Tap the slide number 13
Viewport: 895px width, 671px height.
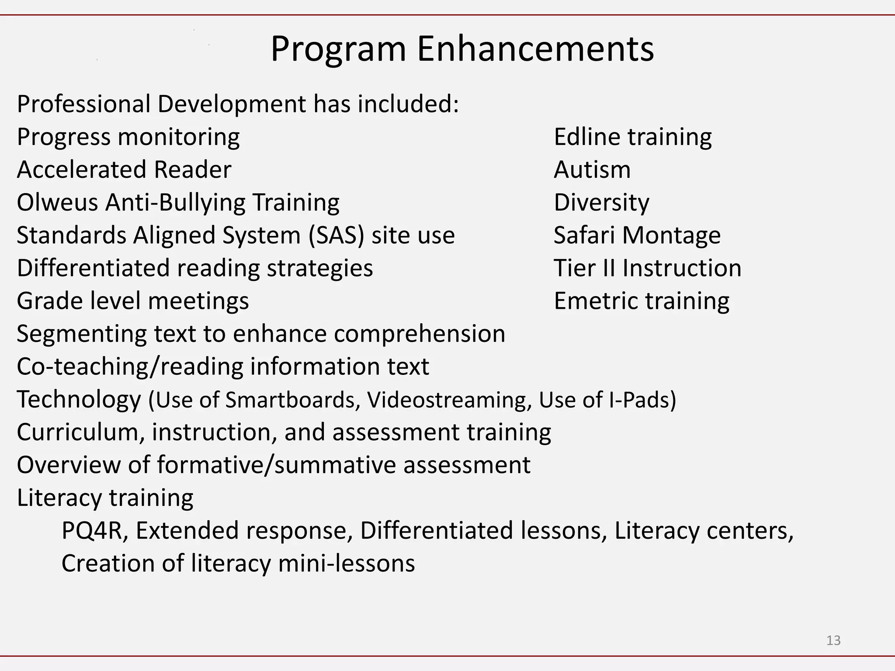pos(833,640)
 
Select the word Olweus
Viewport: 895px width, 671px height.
pos(57,203)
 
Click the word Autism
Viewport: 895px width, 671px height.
pos(592,170)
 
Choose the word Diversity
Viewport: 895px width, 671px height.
pos(601,203)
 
